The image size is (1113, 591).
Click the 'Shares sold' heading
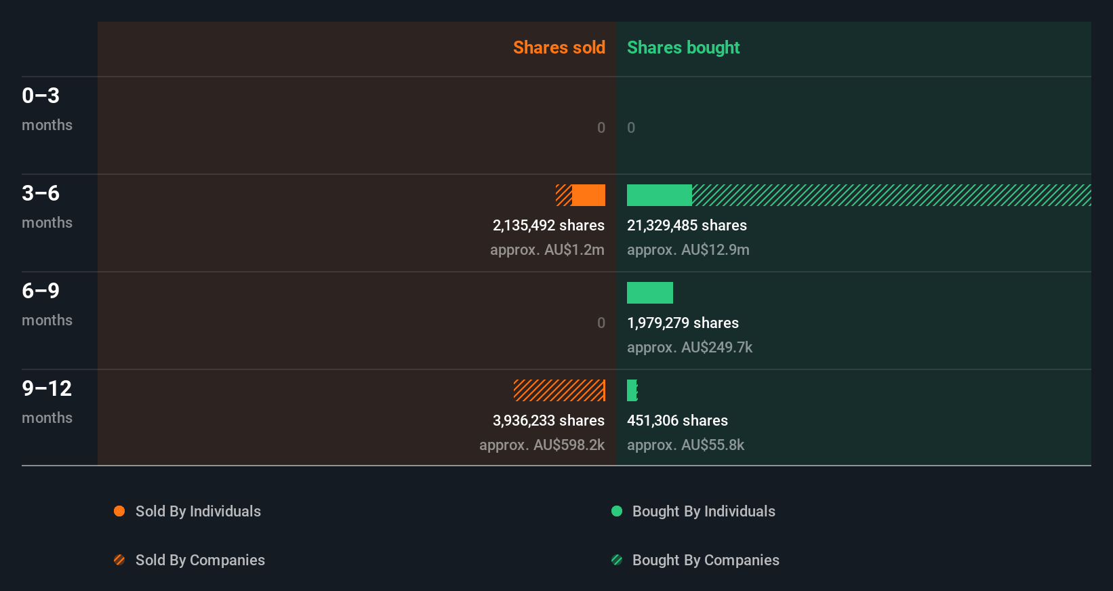[559, 47]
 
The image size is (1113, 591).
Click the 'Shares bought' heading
[683, 47]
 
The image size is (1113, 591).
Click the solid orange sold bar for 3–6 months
[588, 195]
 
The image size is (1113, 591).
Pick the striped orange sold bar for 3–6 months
[563, 195]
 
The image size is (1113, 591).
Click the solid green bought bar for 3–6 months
[659, 195]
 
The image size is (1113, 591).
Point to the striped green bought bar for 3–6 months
[891, 195]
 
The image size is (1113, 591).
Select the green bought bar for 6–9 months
[649, 293]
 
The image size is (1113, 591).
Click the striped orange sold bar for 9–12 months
[559, 390]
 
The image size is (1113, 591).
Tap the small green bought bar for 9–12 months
[632, 390]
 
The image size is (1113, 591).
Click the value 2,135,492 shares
[548, 226]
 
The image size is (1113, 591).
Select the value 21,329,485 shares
[687, 226]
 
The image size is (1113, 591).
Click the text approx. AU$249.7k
[689, 348]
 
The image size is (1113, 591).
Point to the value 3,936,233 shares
[548, 421]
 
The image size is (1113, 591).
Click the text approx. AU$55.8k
[685, 445]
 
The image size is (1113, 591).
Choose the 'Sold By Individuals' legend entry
[197, 512]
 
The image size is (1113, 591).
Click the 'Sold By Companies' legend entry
[199, 561]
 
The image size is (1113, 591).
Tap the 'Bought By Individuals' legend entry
[703, 512]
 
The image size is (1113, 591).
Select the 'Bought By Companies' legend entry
[705, 561]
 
